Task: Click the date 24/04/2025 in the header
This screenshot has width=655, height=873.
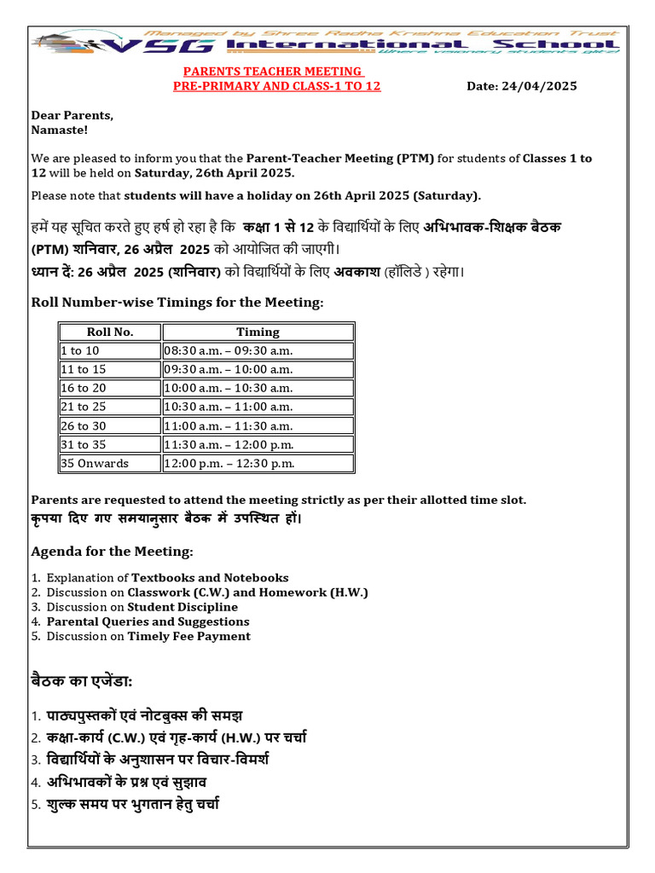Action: tap(540, 86)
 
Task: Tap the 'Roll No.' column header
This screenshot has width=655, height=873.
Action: tap(110, 332)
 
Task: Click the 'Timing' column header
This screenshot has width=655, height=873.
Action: tap(258, 332)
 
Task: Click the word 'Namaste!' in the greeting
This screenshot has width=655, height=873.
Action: tap(59, 130)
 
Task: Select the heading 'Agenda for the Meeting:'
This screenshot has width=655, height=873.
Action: tap(112, 552)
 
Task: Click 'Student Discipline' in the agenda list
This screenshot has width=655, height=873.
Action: tap(183, 607)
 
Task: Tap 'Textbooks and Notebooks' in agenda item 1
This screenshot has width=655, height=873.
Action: tap(210, 578)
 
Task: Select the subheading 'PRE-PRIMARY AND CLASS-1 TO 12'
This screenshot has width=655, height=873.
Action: tap(277, 86)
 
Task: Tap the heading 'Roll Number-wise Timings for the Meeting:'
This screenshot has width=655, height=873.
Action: tap(177, 303)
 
